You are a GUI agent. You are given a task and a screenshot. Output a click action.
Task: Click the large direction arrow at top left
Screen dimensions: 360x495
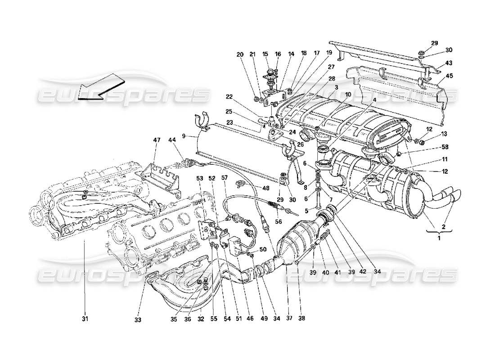tap(100, 88)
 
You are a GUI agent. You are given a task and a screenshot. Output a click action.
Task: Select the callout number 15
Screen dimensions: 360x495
tap(265, 54)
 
